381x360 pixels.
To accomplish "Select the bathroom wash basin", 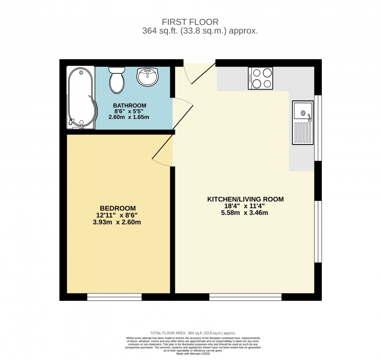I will tap(147, 77).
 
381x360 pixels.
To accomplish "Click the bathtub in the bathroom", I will tap(81, 97).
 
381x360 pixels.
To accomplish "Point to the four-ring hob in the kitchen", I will tap(260, 78).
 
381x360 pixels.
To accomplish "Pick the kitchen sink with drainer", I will tap(303, 122).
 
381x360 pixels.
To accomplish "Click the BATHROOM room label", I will tap(129, 105).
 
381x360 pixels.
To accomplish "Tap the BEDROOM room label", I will tap(118, 208).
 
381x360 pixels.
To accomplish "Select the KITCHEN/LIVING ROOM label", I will tap(245, 199).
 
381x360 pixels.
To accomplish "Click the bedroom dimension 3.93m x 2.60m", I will tap(118, 222).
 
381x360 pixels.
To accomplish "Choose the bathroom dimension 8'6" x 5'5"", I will tap(129, 111).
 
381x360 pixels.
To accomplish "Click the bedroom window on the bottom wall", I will tap(114, 297).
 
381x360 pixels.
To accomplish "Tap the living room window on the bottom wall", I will tap(245, 297).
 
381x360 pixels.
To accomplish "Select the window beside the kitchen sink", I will tap(318, 128).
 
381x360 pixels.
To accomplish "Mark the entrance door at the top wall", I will tap(199, 74).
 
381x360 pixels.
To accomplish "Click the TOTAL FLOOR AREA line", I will tap(193, 333).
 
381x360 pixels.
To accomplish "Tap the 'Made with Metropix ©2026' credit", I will tap(193, 353).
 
